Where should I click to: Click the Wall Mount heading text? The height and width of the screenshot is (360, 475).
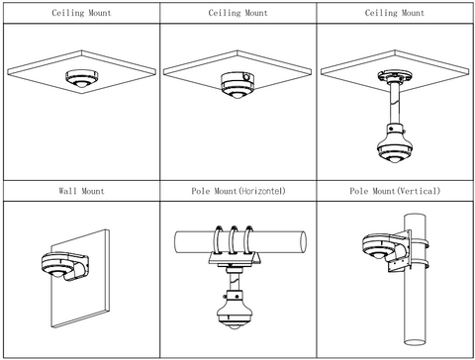81,191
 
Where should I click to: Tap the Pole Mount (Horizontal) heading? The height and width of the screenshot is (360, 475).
238,191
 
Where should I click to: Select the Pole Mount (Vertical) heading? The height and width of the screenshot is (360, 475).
395,191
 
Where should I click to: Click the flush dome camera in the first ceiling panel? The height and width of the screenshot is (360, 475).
81,78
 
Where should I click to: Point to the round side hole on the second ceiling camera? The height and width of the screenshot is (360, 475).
246,77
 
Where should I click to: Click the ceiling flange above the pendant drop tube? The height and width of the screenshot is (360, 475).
395,76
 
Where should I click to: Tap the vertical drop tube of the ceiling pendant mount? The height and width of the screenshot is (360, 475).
395,103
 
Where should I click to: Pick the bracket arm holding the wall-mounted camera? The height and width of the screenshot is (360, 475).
76,267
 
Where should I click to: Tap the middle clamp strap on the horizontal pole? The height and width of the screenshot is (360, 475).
234,240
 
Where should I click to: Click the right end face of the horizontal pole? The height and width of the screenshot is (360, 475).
303,241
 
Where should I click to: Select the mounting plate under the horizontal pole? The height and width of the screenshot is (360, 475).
235,258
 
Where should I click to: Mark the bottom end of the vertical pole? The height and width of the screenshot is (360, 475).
415,342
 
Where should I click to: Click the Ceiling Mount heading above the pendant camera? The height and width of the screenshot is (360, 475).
395,13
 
